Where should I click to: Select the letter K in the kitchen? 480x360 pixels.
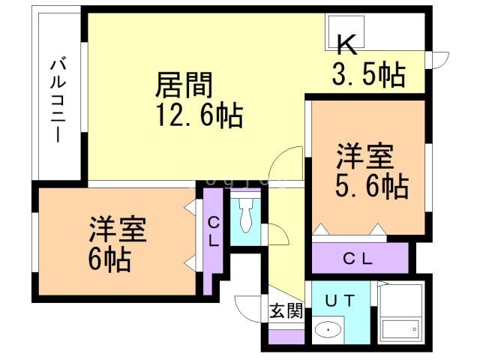(345, 44)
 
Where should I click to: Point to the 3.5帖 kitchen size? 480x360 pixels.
(368, 75)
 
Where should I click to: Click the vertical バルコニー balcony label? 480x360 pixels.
(56, 102)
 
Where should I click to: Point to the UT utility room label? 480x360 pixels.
(340, 301)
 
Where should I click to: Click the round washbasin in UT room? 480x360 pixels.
(327, 330)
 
